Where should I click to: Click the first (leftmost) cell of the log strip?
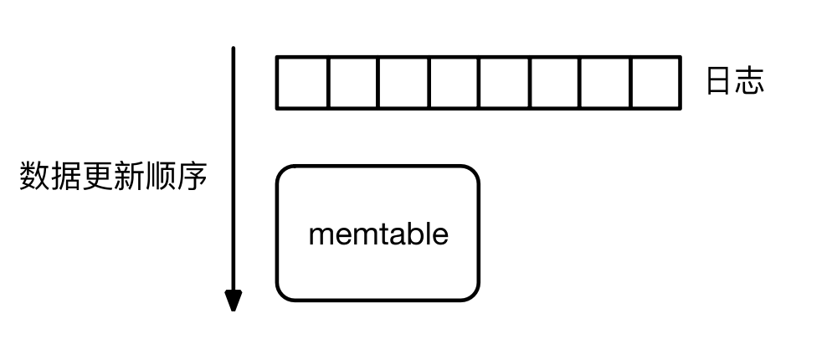(x=302, y=83)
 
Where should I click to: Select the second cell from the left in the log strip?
(x=353, y=83)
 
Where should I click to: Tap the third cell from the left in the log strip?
(x=404, y=83)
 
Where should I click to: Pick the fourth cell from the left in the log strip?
(x=455, y=83)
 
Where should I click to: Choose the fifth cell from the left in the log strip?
(x=505, y=83)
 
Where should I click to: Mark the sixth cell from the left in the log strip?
(x=555, y=83)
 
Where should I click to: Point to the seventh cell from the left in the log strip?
(x=605, y=83)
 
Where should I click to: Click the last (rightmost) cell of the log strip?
(x=655, y=83)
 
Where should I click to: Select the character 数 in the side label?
(x=34, y=177)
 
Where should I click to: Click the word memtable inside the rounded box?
(x=378, y=234)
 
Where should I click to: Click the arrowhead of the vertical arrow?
(x=234, y=300)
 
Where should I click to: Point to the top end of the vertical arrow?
(x=234, y=50)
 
